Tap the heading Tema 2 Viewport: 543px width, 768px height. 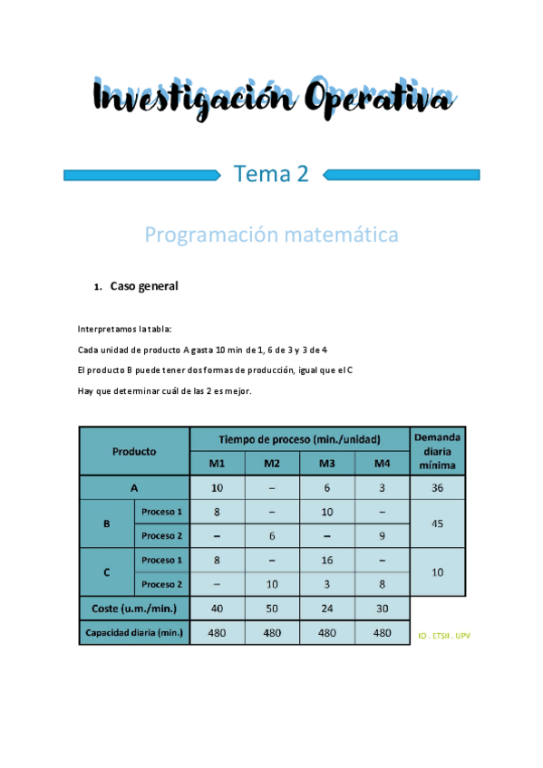pyautogui.click(x=271, y=173)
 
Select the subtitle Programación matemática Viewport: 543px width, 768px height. pyautogui.click(x=271, y=235)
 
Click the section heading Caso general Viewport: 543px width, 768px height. pyautogui.click(x=144, y=286)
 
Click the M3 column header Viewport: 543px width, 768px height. pyautogui.click(x=327, y=464)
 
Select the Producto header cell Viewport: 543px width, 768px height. pyautogui.click(x=134, y=451)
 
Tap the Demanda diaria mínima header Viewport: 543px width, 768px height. pyautogui.click(x=438, y=451)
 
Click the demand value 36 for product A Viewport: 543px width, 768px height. pyautogui.click(x=438, y=487)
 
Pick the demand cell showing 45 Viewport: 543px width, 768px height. pyautogui.click(x=438, y=523)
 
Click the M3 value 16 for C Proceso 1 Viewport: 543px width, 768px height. pyautogui.click(x=327, y=560)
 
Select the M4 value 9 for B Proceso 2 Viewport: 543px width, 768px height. pyautogui.click(x=383, y=535)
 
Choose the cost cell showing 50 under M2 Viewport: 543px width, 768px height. pyautogui.click(x=272, y=609)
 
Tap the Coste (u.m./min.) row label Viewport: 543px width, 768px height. pyautogui.click(x=134, y=609)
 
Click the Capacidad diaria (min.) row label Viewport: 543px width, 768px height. pyautogui.click(x=134, y=633)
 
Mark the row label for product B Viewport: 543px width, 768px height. pyautogui.click(x=107, y=523)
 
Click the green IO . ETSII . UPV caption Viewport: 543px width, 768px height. pyautogui.click(x=444, y=635)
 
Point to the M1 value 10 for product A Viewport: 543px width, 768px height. pyautogui.click(x=217, y=487)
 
